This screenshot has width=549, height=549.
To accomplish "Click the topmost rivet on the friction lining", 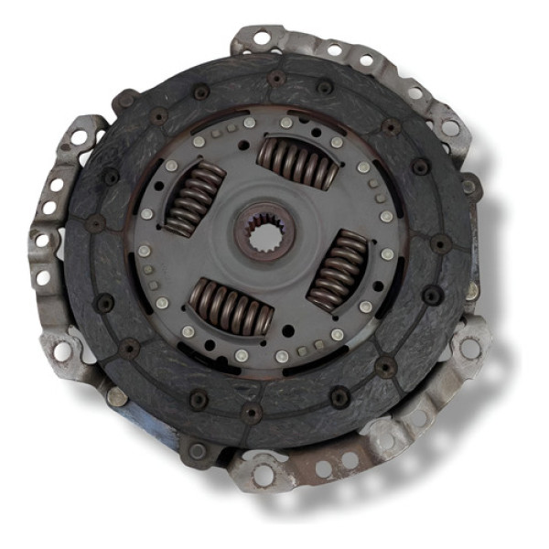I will pyautogui.click(x=276, y=79).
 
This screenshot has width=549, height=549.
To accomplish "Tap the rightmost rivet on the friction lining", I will pyautogui.click(x=441, y=244).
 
